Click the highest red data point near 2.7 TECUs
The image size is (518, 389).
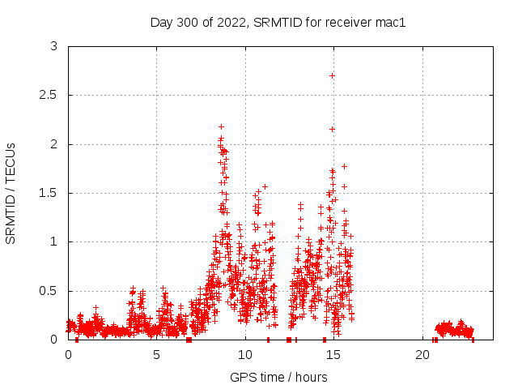332,75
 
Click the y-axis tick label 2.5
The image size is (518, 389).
50,96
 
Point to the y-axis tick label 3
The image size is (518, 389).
54,47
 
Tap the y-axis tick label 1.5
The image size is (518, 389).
50,193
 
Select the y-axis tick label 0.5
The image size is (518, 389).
50,290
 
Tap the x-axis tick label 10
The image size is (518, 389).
245,355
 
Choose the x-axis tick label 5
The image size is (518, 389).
157,355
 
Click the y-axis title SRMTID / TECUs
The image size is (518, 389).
11,193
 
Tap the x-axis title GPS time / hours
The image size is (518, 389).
278,377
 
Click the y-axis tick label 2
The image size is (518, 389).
54,144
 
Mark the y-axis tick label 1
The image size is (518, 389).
54,242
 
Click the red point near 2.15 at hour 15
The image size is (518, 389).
332,129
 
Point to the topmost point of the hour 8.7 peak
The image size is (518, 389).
221,127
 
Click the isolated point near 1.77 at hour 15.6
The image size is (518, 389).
344,166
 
